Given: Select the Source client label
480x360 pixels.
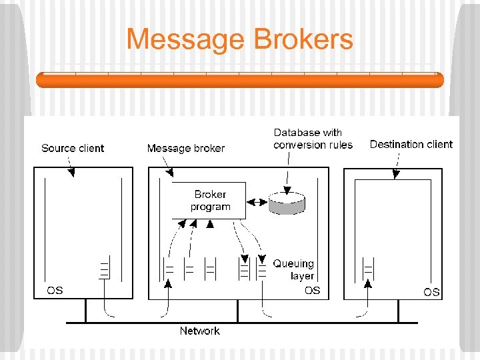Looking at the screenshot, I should click(x=73, y=148).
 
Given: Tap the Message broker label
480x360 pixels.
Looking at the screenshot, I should click(x=185, y=148).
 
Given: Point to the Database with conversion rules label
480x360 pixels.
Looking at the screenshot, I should click(x=313, y=139).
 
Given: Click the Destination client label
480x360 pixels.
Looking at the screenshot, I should click(x=411, y=144).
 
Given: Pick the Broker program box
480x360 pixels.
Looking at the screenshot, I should click(x=209, y=200).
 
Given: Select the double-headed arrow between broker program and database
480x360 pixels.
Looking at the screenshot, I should click(x=257, y=202).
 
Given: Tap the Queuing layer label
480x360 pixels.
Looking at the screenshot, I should click(x=293, y=269).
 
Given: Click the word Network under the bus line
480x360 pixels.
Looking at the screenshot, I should click(x=199, y=331).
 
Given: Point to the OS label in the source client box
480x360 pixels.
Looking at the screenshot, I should click(x=55, y=290).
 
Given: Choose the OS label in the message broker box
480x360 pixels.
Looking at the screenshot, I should click(x=312, y=290).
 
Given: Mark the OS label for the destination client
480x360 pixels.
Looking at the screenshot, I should click(x=431, y=292).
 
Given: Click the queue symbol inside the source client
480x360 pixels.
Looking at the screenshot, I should click(x=104, y=269).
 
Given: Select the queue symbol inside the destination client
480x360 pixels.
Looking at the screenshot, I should click(x=368, y=269).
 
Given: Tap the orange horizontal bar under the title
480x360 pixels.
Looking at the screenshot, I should click(x=239, y=80).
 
